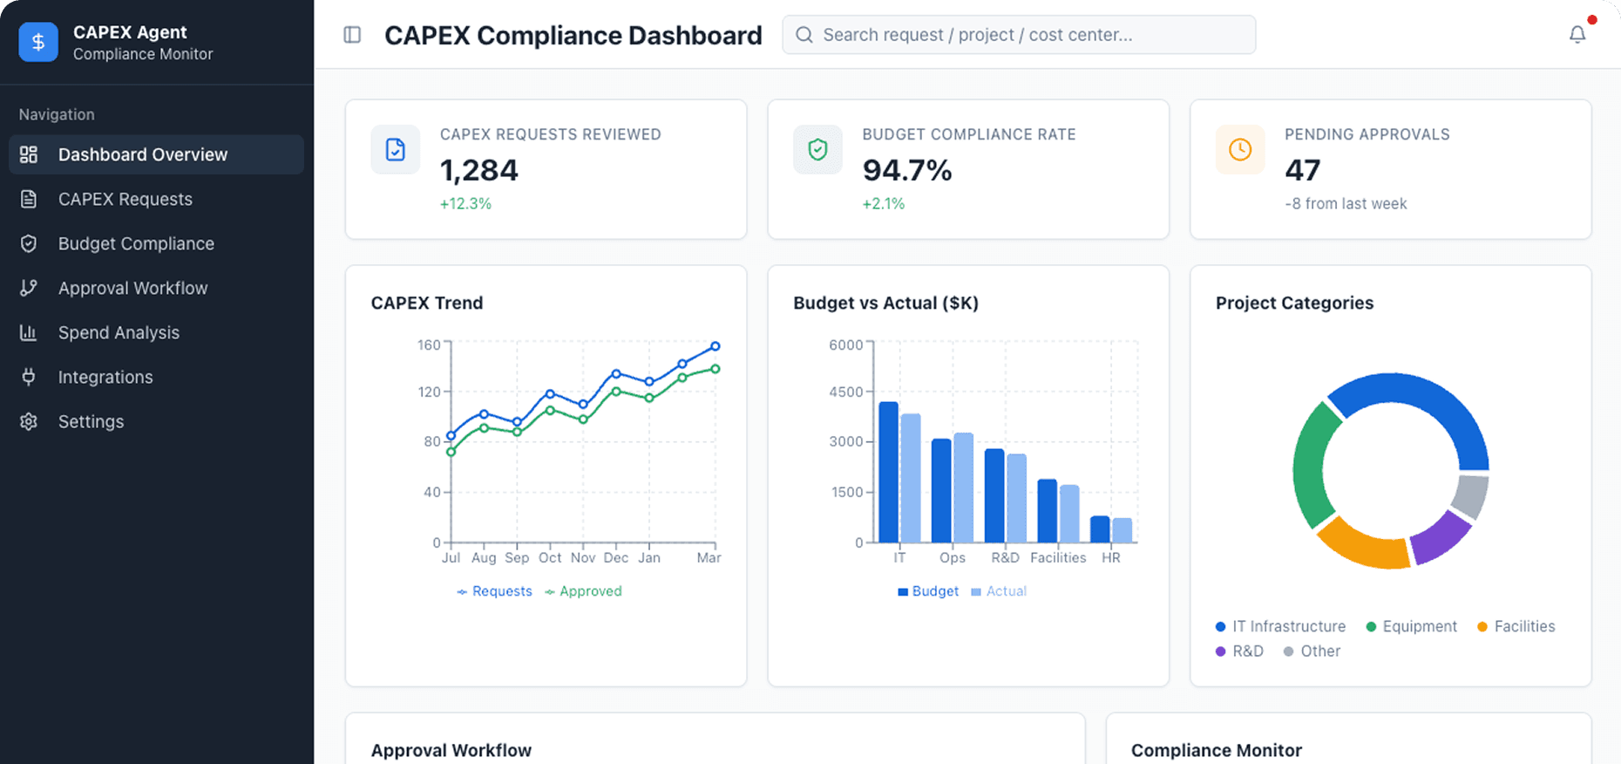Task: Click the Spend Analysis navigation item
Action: click(119, 332)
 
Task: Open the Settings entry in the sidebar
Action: click(91, 421)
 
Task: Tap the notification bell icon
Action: click(1577, 35)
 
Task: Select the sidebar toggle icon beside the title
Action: click(352, 35)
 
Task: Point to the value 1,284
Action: click(478, 170)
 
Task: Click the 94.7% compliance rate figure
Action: click(906, 170)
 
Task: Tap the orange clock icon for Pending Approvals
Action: click(1239, 150)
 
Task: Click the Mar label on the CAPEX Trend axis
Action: click(709, 557)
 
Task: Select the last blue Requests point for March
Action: click(716, 346)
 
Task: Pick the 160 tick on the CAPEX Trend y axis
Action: click(428, 344)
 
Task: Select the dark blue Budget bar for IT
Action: click(888, 471)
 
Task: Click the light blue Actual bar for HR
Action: click(1122, 530)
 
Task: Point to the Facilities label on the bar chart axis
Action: click(1058, 557)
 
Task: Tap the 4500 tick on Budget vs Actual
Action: click(845, 392)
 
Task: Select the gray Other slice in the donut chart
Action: click(1470, 495)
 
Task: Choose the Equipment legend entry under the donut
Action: click(1411, 626)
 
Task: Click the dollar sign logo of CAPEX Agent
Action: click(38, 42)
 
